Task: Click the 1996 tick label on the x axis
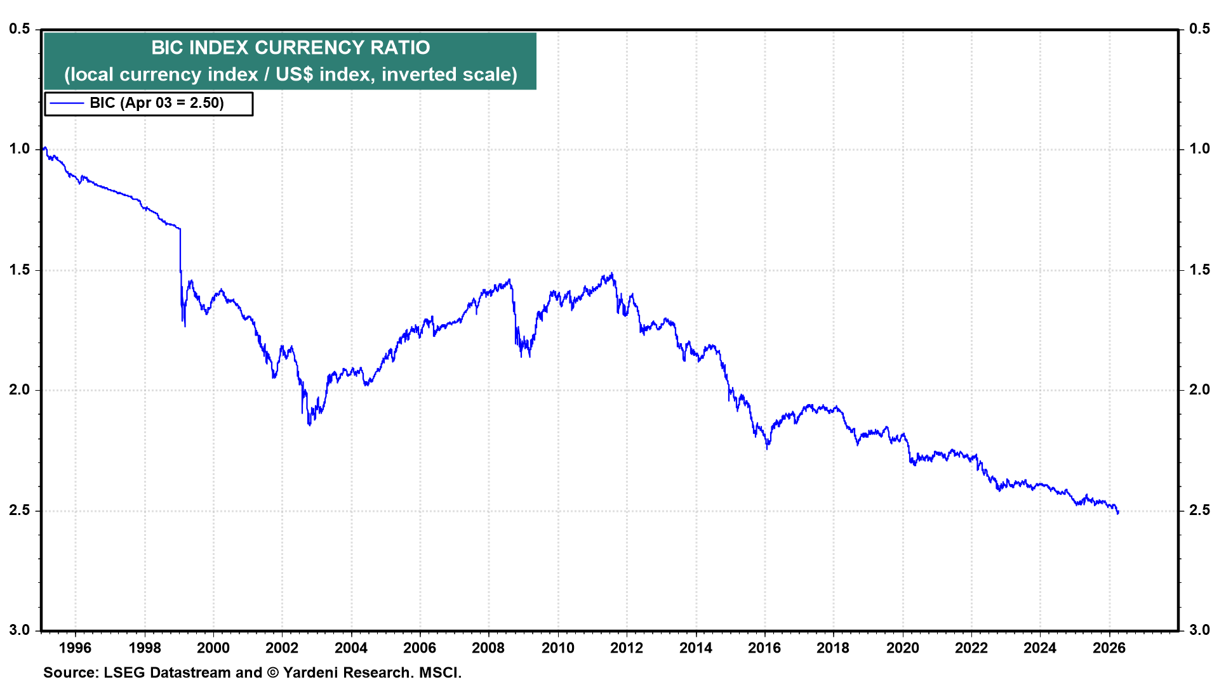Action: pos(75,648)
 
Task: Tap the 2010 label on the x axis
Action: pos(557,648)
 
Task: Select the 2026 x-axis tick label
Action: pos(1109,648)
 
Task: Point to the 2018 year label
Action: pos(833,648)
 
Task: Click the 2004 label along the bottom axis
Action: pos(350,648)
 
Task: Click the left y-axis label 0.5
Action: pos(20,29)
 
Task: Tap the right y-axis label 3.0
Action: pos(1199,630)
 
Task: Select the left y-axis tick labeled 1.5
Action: pos(20,270)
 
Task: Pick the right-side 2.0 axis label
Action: pos(1199,389)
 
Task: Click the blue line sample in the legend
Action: pos(67,103)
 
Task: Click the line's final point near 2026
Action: pos(1117,512)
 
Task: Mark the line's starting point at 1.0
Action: pos(44,148)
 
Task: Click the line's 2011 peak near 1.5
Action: pos(611,274)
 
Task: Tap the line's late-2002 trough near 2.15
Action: pos(309,424)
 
